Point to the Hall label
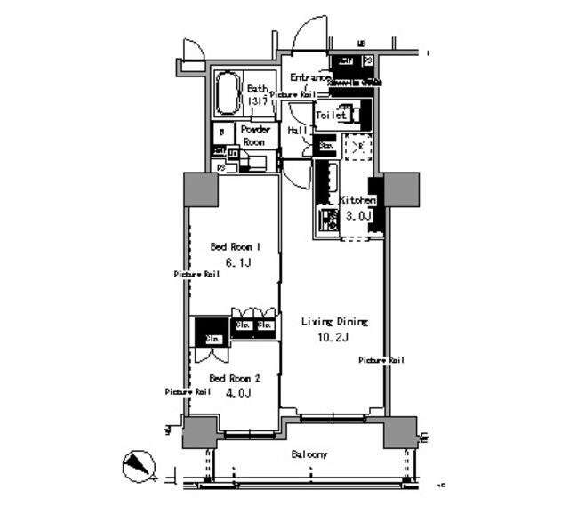(x=297, y=131)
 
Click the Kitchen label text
(x=357, y=201)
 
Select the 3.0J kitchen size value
(x=358, y=215)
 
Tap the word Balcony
(x=309, y=454)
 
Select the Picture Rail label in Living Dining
(x=381, y=360)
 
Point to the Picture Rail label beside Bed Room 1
(x=196, y=275)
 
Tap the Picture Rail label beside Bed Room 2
(x=187, y=391)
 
